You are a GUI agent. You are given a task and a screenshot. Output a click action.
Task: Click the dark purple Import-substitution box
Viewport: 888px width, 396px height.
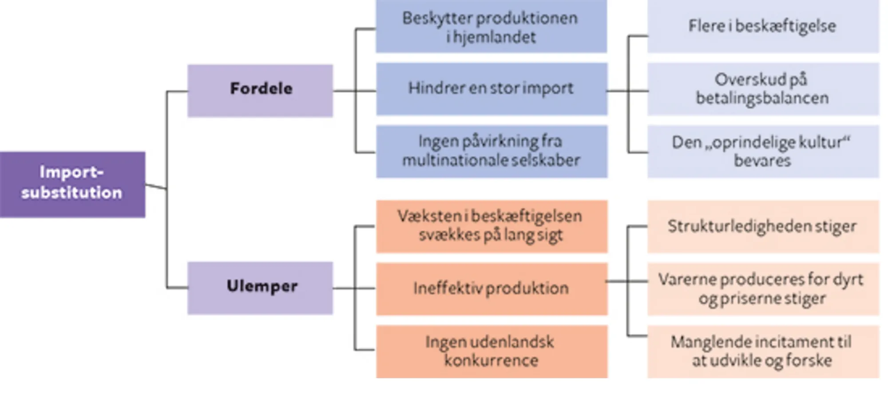(72, 184)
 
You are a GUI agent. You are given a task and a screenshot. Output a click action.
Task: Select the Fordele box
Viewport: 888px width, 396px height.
(260, 91)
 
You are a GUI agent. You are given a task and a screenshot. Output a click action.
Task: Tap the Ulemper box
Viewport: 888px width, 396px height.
(260, 288)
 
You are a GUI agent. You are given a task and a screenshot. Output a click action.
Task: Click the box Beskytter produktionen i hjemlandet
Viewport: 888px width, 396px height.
(492, 27)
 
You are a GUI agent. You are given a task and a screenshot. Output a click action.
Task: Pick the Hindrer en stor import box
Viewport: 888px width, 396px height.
(492, 89)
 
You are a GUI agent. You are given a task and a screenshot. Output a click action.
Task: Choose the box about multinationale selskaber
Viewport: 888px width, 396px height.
(492, 151)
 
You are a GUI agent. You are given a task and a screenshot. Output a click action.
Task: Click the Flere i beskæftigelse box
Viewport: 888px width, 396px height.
(763, 27)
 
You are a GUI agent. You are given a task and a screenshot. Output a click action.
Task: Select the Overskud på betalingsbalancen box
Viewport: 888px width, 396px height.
(763, 89)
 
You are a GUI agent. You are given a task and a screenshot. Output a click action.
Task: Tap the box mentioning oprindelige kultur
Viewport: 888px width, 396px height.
(763, 151)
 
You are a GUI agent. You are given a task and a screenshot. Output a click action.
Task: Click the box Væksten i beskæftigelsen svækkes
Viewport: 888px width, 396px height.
(492, 226)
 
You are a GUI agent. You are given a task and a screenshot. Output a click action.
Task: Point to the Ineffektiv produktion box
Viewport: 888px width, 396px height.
(492, 288)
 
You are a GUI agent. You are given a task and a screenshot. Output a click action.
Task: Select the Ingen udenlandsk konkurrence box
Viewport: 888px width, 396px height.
(492, 351)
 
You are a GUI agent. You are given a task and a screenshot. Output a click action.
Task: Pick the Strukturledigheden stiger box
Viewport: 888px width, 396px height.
(763, 226)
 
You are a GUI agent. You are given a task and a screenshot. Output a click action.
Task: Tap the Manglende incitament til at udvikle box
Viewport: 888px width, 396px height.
(763, 351)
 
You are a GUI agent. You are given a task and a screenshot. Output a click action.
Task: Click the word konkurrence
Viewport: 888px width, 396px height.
(492, 360)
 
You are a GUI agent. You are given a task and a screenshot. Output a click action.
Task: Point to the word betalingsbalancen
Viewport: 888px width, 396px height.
(762, 98)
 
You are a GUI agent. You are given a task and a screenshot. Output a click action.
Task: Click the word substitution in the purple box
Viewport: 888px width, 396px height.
(72, 193)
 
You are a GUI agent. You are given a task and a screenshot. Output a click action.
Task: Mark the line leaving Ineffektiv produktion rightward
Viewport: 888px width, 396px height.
(617, 281)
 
